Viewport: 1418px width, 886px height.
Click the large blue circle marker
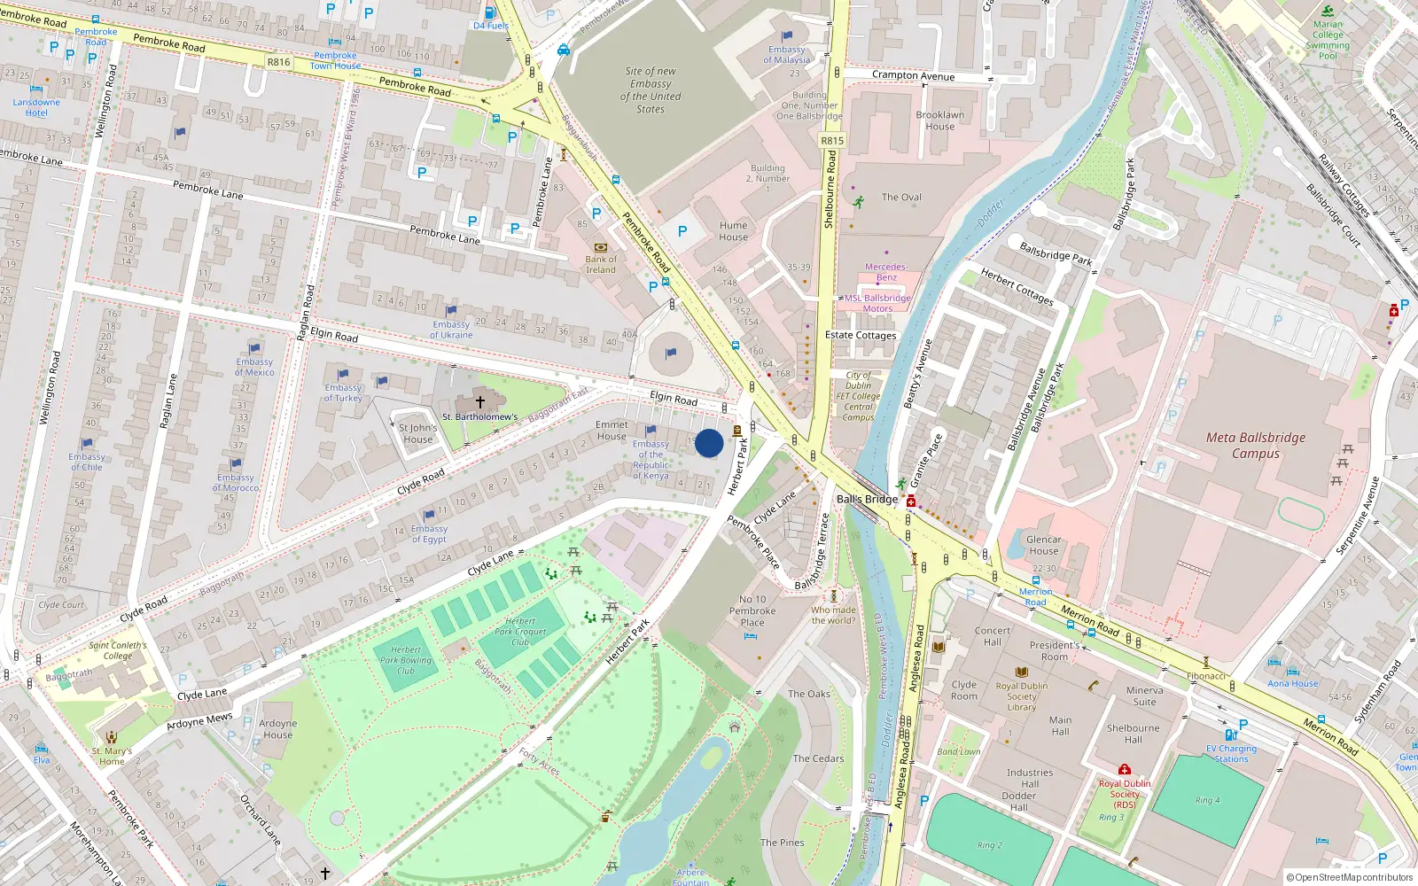709,443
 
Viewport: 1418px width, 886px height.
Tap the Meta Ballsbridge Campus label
1256,446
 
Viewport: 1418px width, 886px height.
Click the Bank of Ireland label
601,265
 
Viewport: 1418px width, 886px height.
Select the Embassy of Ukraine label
451,330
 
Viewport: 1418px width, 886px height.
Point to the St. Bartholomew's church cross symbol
480,402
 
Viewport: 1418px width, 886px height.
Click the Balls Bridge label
867,499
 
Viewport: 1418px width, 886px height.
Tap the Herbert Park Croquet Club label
520,632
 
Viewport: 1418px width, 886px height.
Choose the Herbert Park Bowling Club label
406,660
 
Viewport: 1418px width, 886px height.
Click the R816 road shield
278,62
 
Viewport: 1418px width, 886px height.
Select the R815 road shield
832,141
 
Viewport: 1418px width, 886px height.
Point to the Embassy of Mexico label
254,367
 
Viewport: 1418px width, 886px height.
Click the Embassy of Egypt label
429,534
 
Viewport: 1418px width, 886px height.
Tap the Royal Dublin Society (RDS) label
1125,794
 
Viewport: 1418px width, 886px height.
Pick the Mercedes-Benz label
886,272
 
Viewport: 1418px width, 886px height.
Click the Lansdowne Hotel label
36,107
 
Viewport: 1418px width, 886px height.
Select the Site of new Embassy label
651,89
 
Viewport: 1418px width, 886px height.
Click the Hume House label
733,231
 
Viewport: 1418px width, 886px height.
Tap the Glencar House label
1044,545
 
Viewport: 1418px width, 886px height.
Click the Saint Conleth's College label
117,650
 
